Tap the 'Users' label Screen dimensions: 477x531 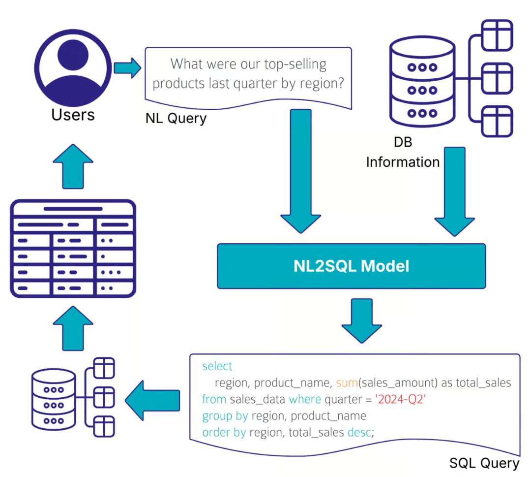(73, 115)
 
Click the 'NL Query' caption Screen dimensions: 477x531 (176, 118)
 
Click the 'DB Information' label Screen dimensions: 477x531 (402, 152)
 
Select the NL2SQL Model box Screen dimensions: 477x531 (351, 266)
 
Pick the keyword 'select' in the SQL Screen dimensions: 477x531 (217, 367)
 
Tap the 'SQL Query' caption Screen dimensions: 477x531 (484, 463)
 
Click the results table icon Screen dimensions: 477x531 (73, 248)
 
